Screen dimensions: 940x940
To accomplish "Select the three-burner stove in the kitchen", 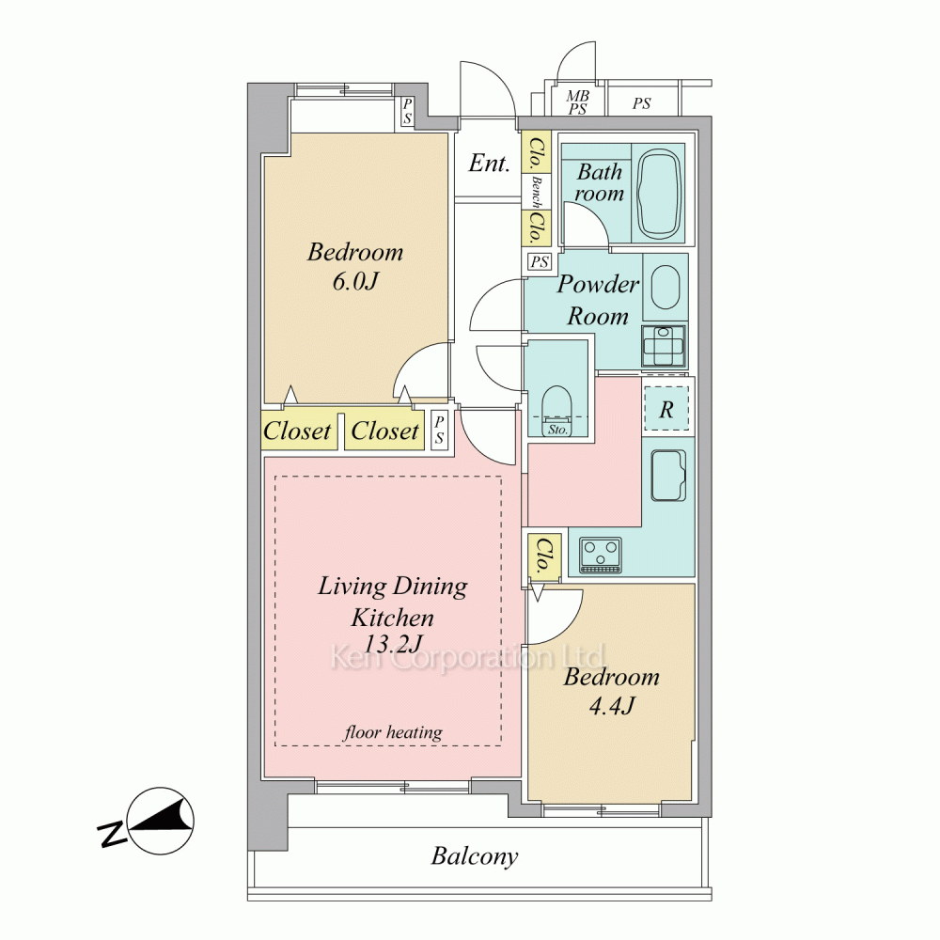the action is tap(600, 555).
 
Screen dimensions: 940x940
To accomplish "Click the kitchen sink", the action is tap(667, 476).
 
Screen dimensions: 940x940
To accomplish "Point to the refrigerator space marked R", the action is tap(666, 409).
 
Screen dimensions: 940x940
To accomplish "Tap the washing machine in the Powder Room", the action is tap(663, 346).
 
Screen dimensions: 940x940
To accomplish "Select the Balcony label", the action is tap(474, 856).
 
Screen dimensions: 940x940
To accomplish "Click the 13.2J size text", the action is tap(393, 644).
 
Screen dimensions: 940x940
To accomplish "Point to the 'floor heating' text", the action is tap(393, 732).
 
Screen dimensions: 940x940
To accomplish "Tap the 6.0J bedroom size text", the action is tap(355, 281).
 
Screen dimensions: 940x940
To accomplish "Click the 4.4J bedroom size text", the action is tap(612, 706).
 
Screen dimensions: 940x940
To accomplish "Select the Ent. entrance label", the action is tap(489, 163).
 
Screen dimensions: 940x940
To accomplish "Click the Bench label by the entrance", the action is tap(536, 192).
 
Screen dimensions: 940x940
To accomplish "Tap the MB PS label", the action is tap(578, 102).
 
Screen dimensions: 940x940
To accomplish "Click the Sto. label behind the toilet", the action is tap(557, 430).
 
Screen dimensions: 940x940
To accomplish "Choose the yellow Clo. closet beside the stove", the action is tap(544, 556).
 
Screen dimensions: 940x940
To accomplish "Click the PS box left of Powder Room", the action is tap(540, 262).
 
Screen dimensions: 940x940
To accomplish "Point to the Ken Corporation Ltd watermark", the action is tap(467, 658).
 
